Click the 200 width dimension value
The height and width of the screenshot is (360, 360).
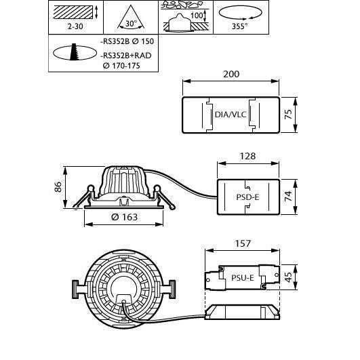pyautogui.click(x=231, y=74)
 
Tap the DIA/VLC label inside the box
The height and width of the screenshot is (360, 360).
pyautogui.click(x=231, y=115)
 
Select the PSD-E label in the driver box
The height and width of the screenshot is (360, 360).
pyautogui.click(x=247, y=197)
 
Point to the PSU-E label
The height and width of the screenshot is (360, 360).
pyautogui.click(x=243, y=278)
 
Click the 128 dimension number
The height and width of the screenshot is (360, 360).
pyautogui.click(x=247, y=156)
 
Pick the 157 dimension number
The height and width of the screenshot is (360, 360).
pyautogui.click(x=243, y=243)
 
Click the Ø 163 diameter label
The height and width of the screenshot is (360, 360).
pyautogui.click(x=124, y=217)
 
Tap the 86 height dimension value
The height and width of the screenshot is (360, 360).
pyautogui.click(x=58, y=187)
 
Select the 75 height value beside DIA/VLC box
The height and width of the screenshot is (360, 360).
pyautogui.click(x=288, y=115)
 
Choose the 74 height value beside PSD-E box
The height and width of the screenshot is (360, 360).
pyautogui.click(x=288, y=197)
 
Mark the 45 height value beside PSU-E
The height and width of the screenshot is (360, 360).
pyautogui.click(x=288, y=277)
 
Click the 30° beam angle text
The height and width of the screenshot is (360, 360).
pyautogui.click(x=131, y=24)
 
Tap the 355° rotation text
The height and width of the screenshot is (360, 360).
pyautogui.click(x=240, y=26)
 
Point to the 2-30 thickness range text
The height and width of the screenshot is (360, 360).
pyautogui.click(x=75, y=26)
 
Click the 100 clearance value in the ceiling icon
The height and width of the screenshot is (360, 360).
pyautogui.click(x=197, y=16)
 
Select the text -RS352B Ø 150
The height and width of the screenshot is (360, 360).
pyautogui.click(x=127, y=41)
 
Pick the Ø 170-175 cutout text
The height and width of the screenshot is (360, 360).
pyautogui.click(x=121, y=66)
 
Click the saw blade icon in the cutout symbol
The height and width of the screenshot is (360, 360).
pyautogui.click(x=74, y=52)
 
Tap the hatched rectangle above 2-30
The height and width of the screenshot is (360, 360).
pyautogui.click(x=73, y=12)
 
